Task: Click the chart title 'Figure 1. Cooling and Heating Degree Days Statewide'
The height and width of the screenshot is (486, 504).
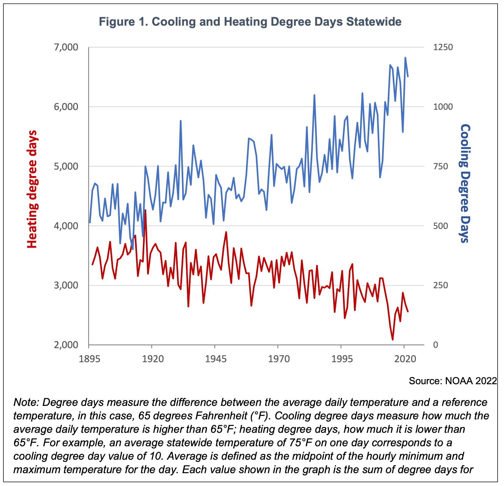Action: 250,22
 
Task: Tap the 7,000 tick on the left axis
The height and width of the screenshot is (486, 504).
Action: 66,47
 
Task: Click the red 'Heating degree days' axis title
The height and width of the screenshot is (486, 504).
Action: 32,189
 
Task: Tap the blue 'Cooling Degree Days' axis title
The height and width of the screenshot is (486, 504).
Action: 465,183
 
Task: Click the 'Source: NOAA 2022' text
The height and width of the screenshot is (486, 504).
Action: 453,381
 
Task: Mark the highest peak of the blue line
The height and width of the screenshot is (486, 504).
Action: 405,57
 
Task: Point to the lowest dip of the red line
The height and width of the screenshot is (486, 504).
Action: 393,340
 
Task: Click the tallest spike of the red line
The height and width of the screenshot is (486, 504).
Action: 145,210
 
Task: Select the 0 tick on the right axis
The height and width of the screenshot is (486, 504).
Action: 436,345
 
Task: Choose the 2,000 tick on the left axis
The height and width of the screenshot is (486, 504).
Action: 66,345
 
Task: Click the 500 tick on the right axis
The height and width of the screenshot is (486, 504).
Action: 440,226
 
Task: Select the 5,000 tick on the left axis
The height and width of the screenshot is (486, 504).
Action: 66,166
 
